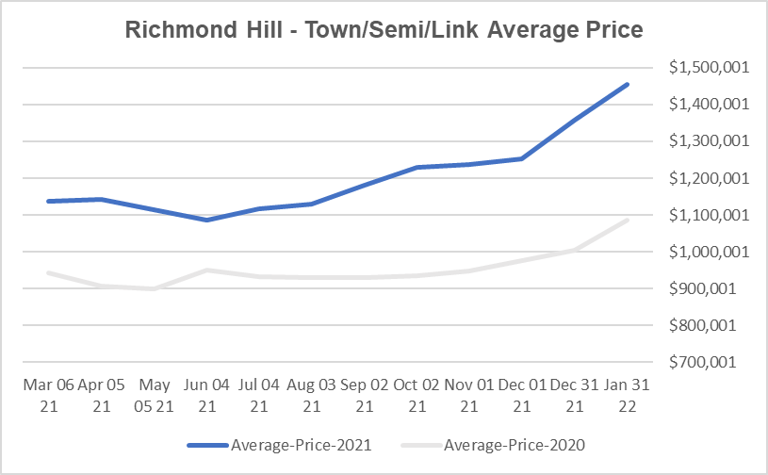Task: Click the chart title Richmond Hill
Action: pyautogui.click(x=384, y=30)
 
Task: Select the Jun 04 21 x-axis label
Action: pyautogui.click(x=206, y=396)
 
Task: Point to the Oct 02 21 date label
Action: pyautogui.click(x=417, y=396)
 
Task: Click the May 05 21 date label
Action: pyautogui.click(x=154, y=396)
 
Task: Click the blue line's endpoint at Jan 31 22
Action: pyautogui.click(x=628, y=84)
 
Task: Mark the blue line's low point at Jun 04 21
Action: pyautogui.click(x=206, y=220)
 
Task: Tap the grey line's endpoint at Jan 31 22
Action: pyautogui.click(x=628, y=220)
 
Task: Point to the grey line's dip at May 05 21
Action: pyautogui.click(x=154, y=288)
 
